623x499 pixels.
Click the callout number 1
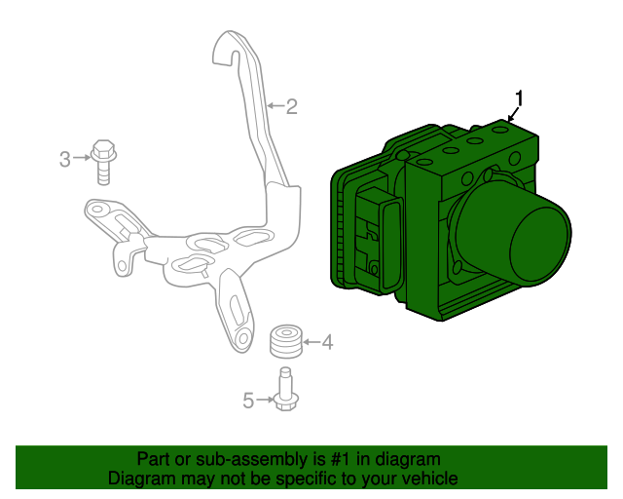point(519,98)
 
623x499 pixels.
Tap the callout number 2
point(292,106)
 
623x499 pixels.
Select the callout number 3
point(65,159)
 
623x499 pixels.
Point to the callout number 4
point(327,342)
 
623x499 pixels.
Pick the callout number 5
point(248,401)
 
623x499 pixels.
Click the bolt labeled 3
point(103,162)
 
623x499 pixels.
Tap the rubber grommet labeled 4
point(286,341)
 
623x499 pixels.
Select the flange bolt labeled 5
point(285,389)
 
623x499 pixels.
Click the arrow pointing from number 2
point(276,105)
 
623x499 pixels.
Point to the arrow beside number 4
point(311,342)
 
